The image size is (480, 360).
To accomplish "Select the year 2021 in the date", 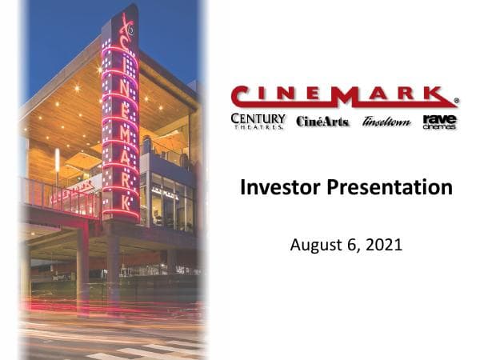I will [383, 244].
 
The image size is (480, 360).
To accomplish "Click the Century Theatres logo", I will [258, 121].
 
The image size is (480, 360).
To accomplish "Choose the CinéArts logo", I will [322, 122].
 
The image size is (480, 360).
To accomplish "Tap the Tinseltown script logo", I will [386, 122].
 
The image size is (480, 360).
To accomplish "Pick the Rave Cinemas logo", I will [439, 121].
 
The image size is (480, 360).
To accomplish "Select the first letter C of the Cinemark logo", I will [242, 96].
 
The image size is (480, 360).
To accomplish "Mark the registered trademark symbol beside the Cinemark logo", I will [456, 102].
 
